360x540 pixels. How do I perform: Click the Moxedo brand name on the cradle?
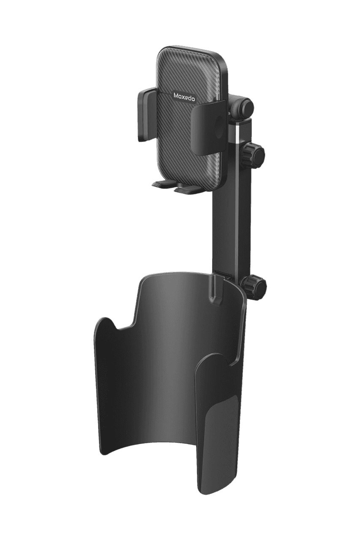tap(184, 97)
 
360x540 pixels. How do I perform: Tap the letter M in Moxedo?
tap(176, 95)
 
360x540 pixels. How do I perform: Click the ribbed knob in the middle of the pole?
tap(254, 153)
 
